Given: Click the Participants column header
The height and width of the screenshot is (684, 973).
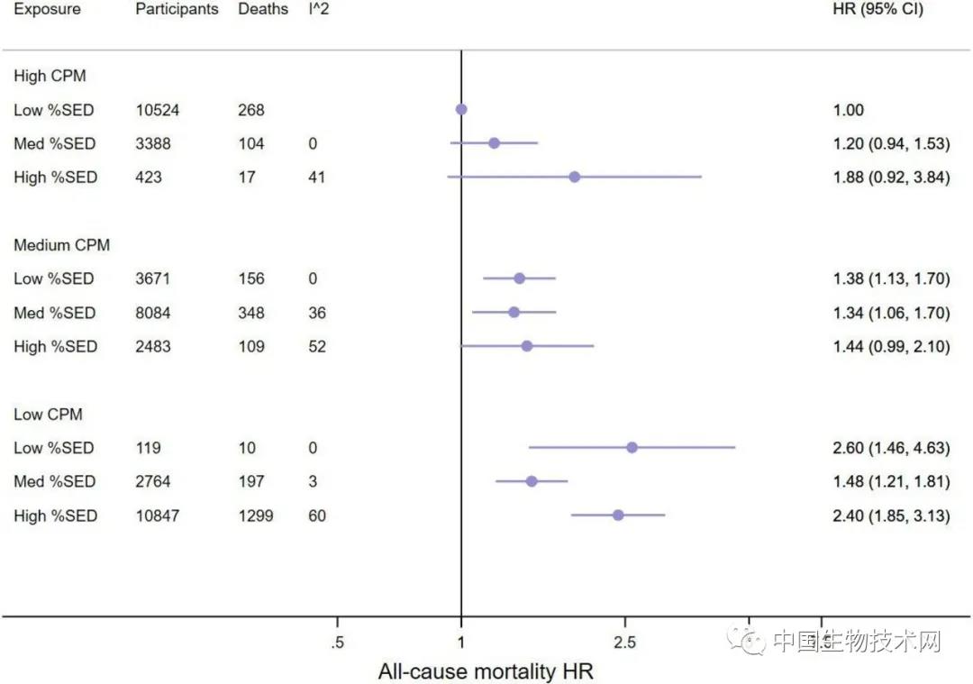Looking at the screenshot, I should pos(177,10).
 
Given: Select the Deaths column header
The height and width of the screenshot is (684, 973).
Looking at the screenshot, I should pos(263,10).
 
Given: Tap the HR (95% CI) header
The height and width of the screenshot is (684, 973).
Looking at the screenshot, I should pos(878,10).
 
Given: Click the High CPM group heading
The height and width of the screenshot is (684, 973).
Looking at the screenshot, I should pos(50,77).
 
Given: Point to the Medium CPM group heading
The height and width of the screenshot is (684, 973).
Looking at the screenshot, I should pos(61,245).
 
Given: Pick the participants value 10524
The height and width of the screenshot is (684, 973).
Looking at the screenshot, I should pos(158,110).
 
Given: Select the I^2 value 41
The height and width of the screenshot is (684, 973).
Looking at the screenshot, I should pos(316,178).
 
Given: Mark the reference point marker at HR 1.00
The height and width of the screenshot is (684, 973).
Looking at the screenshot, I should pos(461,109).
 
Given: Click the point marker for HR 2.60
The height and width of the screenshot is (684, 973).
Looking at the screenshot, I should pos(632,448).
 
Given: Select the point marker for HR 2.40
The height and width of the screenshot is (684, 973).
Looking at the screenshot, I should pos(618,515).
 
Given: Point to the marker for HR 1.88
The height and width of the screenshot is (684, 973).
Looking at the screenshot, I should pos(575,178).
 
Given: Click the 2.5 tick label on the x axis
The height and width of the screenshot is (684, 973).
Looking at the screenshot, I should pos(624,643).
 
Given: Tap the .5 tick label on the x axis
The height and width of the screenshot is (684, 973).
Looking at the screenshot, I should pos(338,643).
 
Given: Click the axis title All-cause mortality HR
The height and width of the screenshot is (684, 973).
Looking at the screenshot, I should pos(486,671).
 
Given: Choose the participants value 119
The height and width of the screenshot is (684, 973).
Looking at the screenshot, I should pos(149,448).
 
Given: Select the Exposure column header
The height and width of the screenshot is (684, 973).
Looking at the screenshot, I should pos(47,10).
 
